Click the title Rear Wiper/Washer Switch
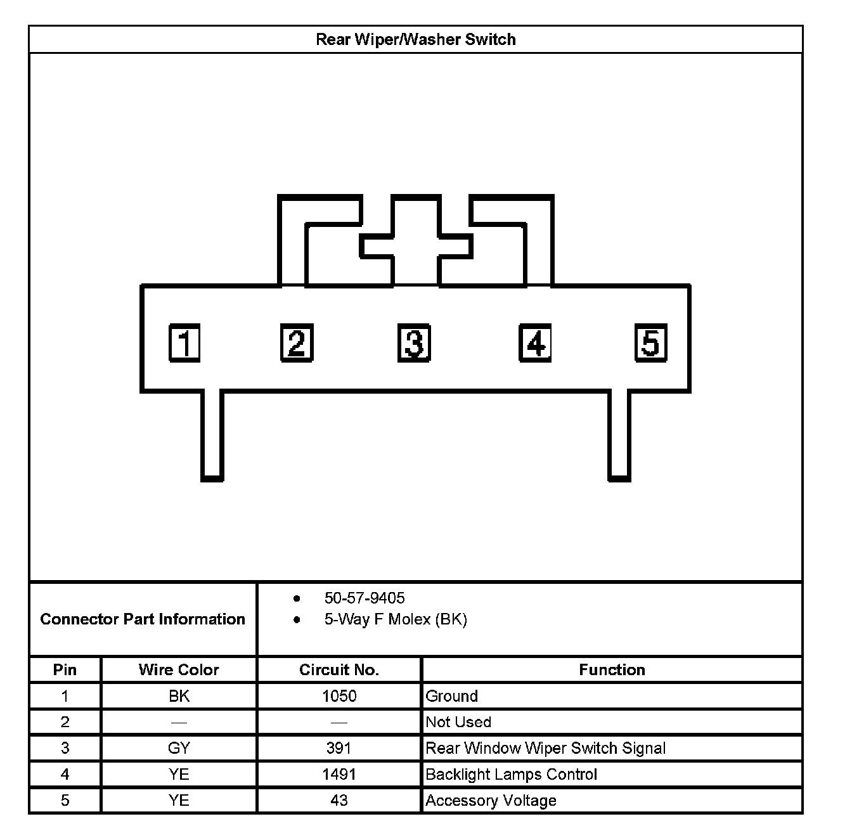pos(415,39)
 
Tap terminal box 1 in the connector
pos(184,343)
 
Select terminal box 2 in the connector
pos(297,343)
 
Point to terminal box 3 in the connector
pos(414,343)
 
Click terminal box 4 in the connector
pos(535,343)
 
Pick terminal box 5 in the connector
pos(651,343)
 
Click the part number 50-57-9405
pos(365,598)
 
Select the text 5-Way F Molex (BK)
pos(396,619)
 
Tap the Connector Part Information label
pos(143,619)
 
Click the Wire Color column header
pos(179,669)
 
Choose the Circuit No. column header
pos(339,669)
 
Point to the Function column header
pos(612,669)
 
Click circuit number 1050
pos(339,696)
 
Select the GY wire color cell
pos(179,748)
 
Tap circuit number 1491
pos(339,774)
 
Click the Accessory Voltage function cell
pos(491,801)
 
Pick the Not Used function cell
pos(458,722)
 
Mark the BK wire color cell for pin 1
pos(179,696)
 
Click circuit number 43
pos(339,801)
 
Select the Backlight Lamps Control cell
pos(511,774)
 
